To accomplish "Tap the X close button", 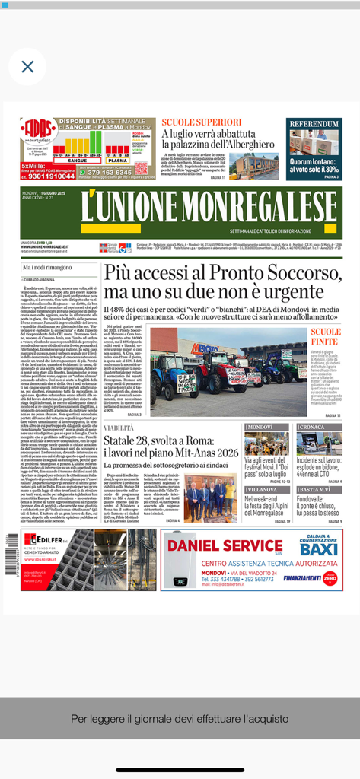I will point(27,67).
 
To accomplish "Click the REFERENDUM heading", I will point(314,124).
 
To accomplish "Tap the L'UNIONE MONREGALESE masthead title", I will point(181,206).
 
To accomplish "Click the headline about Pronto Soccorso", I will point(213,282).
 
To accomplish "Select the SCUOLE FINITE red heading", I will point(326,338).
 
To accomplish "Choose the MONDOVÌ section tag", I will point(260,428).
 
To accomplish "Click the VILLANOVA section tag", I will point(263,489).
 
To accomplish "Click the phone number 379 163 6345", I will point(109,173).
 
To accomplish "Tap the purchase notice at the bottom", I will point(180,718).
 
